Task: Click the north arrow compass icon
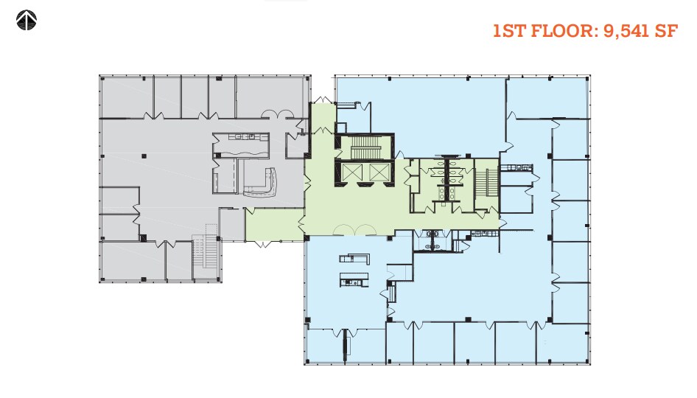[27, 21]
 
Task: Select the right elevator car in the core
[377, 172]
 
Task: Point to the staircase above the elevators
[364, 147]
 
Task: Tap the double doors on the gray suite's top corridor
[281, 114]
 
